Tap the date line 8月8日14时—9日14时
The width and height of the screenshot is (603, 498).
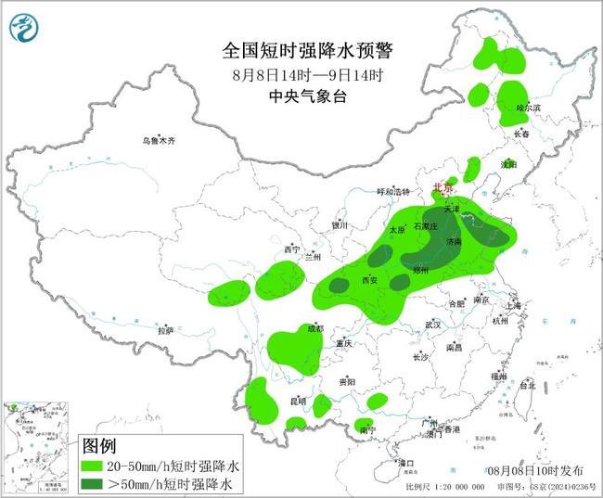(x=301, y=73)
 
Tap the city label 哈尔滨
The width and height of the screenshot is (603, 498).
(x=527, y=109)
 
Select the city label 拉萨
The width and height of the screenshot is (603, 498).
(x=166, y=330)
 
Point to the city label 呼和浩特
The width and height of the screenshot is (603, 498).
(x=378, y=192)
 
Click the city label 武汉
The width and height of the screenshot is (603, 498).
(x=433, y=325)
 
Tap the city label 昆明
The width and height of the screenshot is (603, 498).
(x=298, y=401)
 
